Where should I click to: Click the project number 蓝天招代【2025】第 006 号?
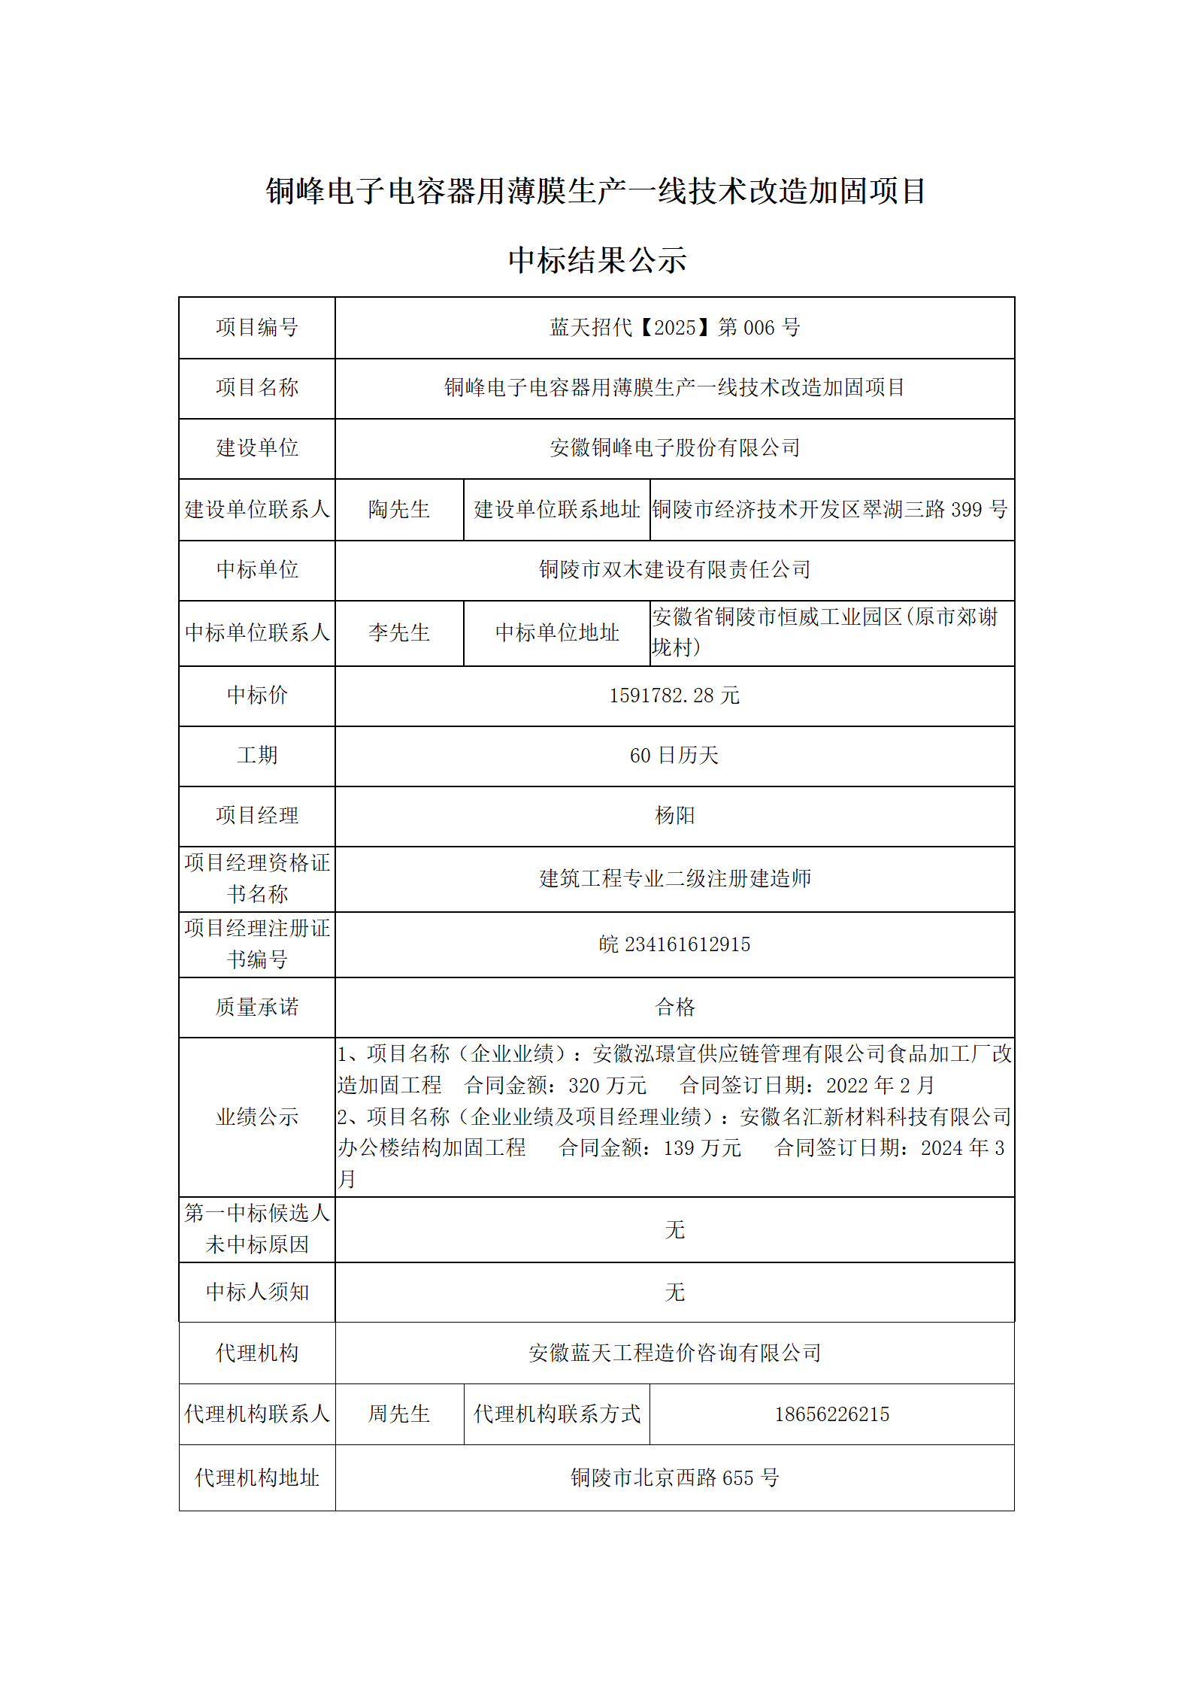(x=674, y=328)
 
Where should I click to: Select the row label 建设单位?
(x=257, y=448)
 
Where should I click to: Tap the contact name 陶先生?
(x=399, y=510)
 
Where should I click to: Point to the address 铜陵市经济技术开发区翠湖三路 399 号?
(x=830, y=510)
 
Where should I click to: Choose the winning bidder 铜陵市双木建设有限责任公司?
(x=674, y=570)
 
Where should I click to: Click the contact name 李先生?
(x=399, y=632)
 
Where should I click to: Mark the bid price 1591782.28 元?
(x=674, y=696)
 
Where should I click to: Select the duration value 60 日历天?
(x=674, y=756)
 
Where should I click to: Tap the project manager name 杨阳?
(x=674, y=816)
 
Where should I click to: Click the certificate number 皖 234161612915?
(x=674, y=944)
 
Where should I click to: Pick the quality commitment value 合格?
(x=674, y=1008)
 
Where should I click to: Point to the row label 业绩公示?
(x=257, y=1117)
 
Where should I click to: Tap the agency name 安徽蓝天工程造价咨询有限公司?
(x=674, y=1353)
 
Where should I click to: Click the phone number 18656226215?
(x=831, y=1414)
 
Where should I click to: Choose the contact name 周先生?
(x=399, y=1414)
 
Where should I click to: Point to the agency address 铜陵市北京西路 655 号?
(x=674, y=1478)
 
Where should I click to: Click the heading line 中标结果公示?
(x=597, y=261)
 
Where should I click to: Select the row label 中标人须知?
(x=257, y=1293)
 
